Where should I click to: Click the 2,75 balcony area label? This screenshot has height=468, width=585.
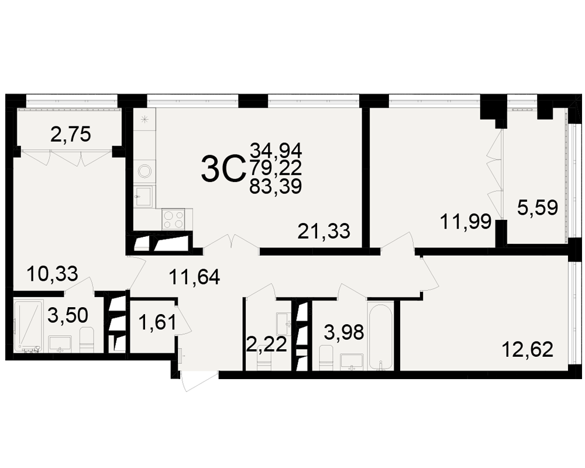tap(71, 135)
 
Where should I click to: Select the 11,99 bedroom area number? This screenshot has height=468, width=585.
tap(466, 222)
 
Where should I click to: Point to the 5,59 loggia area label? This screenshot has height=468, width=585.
tap(538, 208)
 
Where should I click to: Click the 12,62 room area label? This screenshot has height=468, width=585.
tap(528, 350)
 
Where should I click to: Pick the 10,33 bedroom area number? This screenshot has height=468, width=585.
tap(52, 274)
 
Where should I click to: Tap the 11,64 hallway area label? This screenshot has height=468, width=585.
tap(194, 277)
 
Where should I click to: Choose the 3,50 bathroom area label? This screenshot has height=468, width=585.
tap(68, 315)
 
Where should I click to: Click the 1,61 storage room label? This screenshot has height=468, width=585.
tap(157, 322)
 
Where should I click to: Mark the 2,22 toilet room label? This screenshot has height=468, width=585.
tap(267, 344)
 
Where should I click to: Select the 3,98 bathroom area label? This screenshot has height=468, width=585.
tap(343, 332)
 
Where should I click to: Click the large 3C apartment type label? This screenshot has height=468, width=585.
tap(223, 170)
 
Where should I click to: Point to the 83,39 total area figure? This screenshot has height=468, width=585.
tap(276, 187)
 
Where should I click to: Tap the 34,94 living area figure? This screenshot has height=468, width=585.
tap(276, 150)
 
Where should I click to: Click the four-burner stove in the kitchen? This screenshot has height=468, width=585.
tap(173, 219)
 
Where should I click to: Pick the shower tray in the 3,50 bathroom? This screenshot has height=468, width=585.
tap(28, 325)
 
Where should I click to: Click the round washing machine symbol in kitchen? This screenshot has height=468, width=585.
tap(144, 171)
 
